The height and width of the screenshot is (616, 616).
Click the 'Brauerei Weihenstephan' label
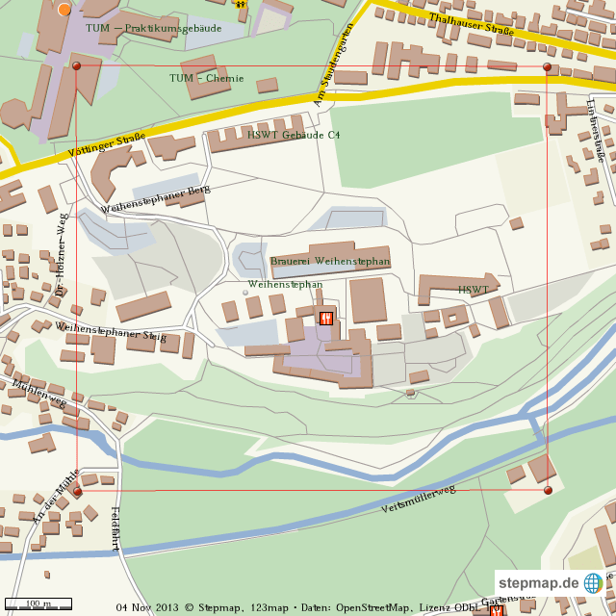(x=330, y=261)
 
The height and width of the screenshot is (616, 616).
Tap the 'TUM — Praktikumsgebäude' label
(x=153, y=29)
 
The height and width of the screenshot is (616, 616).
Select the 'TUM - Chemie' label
(x=206, y=78)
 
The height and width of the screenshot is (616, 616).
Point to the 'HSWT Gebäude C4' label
(x=293, y=135)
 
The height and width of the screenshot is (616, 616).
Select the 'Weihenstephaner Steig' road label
(x=111, y=332)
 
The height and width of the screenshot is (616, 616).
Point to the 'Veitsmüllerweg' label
(x=418, y=497)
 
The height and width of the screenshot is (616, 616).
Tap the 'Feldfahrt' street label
(x=116, y=528)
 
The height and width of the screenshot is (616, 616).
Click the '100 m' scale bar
(x=38, y=603)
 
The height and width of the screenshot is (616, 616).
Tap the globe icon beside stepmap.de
(x=592, y=583)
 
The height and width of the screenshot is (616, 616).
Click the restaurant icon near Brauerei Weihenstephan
(x=326, y=319)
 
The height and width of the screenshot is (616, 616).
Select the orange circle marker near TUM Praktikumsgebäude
(x=64, y=10)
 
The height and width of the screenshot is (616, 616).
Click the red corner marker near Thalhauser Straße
(x=547, y=67)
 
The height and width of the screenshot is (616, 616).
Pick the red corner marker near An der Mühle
(x=77, y=491)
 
